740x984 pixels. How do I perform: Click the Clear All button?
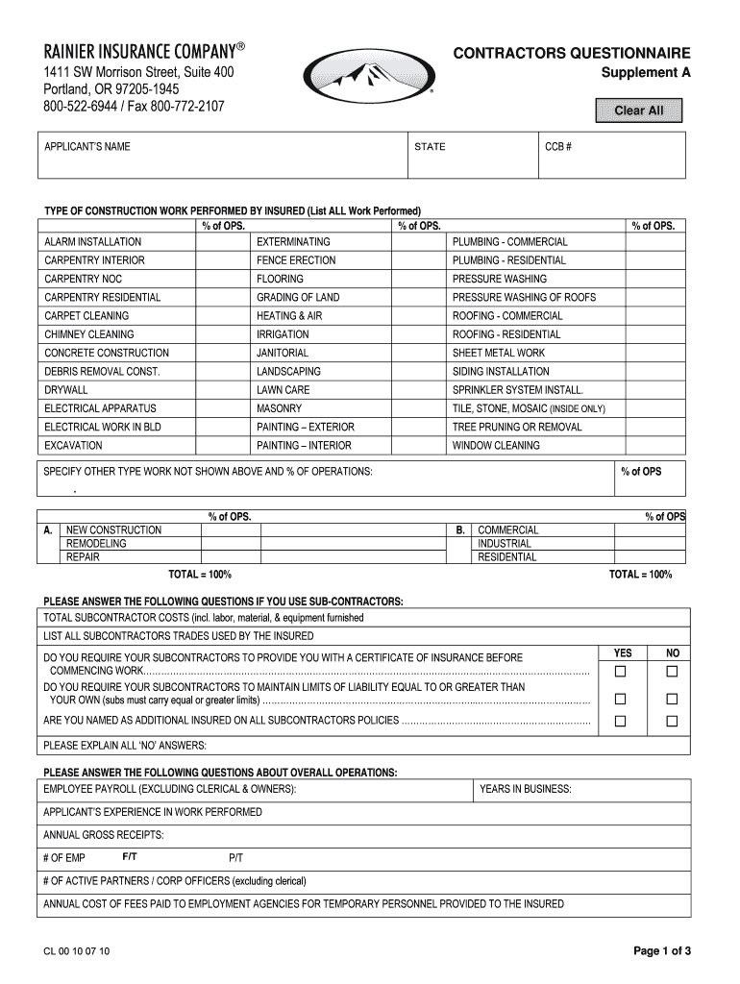click(639, 111)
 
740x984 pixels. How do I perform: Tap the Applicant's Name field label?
click(87, 147)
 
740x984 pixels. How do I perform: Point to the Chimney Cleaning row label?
click(89, 334)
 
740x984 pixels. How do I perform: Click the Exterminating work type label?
click(293, 242)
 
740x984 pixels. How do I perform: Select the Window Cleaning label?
click(496, 446)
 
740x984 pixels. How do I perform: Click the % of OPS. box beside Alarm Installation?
click(223, 242)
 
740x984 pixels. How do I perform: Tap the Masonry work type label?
click(279, 408)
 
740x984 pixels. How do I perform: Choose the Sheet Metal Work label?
click(499, 353)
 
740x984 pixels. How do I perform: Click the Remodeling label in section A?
click(96, 544)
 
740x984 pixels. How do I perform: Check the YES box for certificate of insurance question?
click(621, 670)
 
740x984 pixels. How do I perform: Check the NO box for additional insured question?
click(673, 721)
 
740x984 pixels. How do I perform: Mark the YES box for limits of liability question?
click(621, 699)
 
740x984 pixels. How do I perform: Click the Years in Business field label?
click(526, 790)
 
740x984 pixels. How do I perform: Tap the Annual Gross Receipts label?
click(104, 835)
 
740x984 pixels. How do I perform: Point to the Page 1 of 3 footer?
click(662, 951)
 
